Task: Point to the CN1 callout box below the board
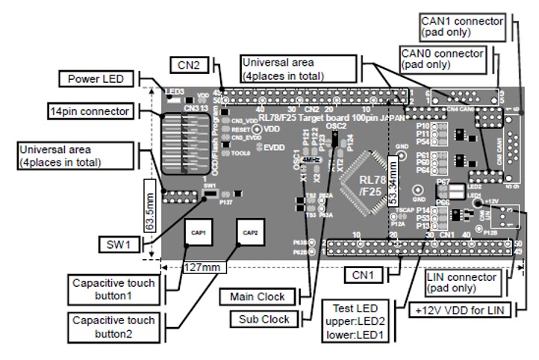point(369,276)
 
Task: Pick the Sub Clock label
point(264,319)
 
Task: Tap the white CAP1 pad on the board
point(198,232)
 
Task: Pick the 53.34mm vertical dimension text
point(391,181)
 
